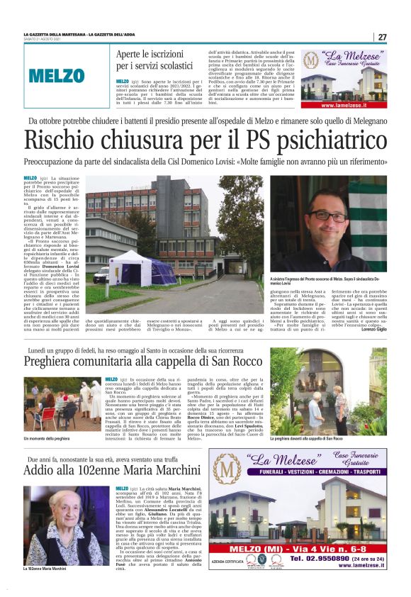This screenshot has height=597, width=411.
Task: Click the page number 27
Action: click(x=382, y=37)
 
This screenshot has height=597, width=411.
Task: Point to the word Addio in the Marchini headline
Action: click(x=40, y=469)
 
